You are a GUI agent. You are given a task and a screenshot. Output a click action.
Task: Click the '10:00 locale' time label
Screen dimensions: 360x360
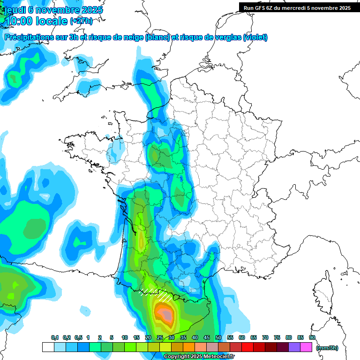coord(37,21)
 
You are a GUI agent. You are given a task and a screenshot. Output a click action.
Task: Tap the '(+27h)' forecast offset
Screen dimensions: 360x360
coord(81,22)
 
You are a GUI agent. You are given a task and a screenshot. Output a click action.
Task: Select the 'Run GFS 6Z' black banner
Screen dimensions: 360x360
coord(297,8)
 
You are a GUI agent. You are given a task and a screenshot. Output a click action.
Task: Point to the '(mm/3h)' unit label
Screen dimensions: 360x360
coord(327,348)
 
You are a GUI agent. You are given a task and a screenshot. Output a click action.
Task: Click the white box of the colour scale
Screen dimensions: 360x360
coord(48,347)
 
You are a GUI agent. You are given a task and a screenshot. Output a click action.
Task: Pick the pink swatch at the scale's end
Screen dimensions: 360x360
coord(306,347)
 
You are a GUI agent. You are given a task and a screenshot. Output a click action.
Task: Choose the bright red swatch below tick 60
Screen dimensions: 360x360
coord(247,347)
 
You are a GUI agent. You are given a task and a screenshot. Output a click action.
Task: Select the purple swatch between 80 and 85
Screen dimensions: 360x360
coord(294,347)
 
